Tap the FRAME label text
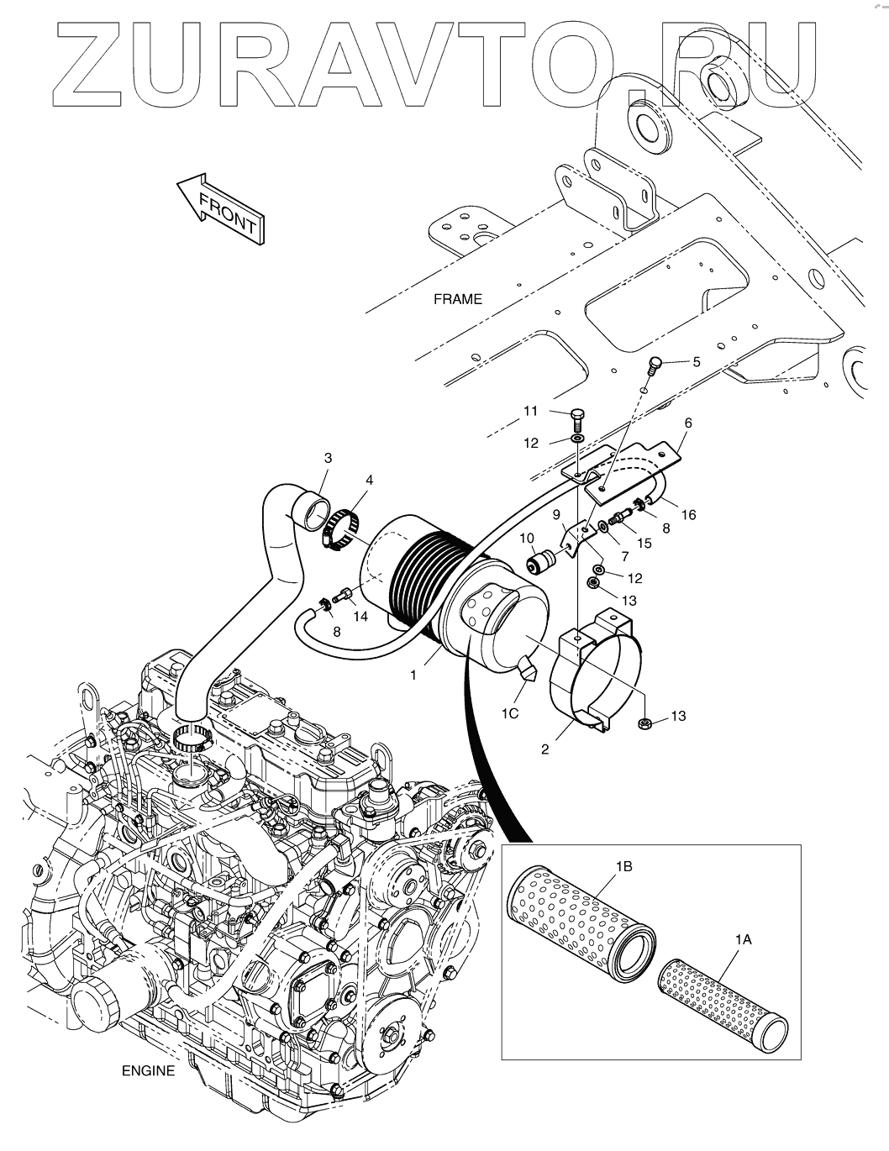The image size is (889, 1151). point(458,299)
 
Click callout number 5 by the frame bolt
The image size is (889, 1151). point(696,362)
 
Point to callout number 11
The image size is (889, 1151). point(530,411)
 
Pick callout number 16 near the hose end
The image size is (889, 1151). point(689,514)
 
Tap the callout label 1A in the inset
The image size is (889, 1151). point(743,941)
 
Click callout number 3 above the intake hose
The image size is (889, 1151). point(328,458)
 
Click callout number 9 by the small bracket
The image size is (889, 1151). point(556,513)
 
